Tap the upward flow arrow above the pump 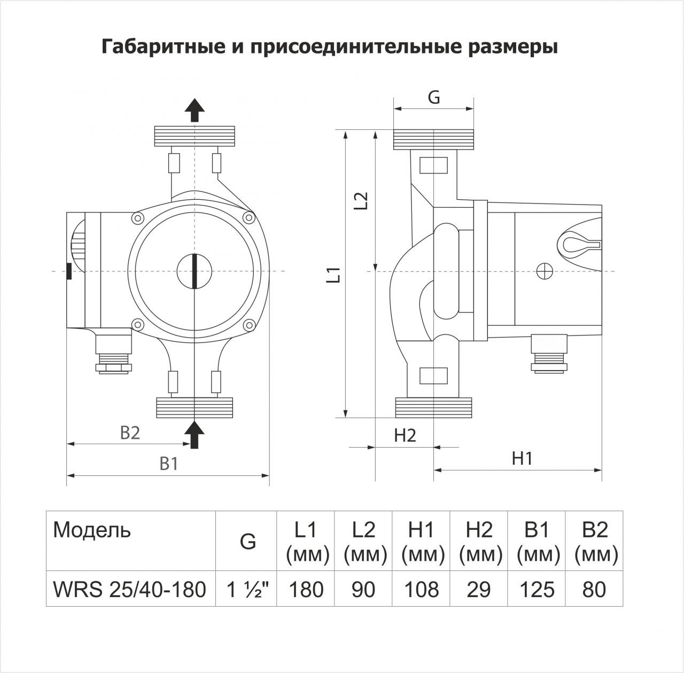pos(195,111)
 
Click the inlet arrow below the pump pos(195,434)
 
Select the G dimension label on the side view pos(434,98)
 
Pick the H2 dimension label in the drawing pos(405,435)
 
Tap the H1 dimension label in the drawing pos(522,458)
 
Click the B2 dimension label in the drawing pos(130,433)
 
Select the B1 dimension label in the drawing pos(169,464)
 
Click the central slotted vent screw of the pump pos(195,271)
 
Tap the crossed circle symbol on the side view pos(545,271)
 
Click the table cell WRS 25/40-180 pos(130,589)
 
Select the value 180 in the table pos(306,590)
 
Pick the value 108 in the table pos(422,590)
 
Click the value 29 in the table pos(479,590)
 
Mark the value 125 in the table pos(537,590)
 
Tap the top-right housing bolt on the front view pos(248,217)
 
